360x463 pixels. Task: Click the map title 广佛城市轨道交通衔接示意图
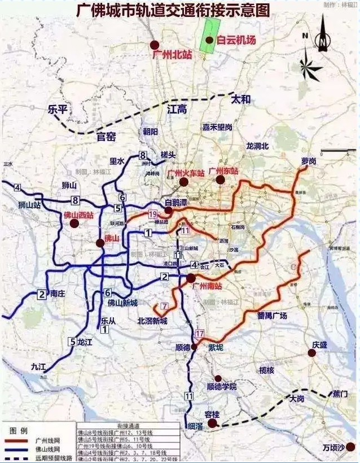point(173,10)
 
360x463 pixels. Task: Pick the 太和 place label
point(241,100)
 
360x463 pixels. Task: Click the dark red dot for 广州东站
point(220,180)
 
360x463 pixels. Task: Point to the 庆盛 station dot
point(311,353)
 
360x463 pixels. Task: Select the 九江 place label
point(39,366)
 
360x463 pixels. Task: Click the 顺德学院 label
point(222,387)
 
